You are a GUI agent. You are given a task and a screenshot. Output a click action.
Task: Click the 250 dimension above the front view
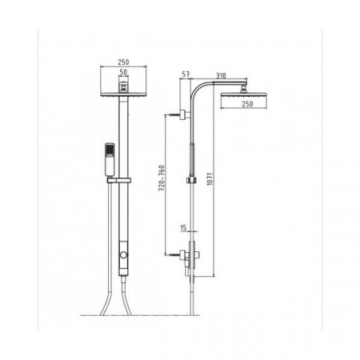pyautogui.click(x=123, y=62)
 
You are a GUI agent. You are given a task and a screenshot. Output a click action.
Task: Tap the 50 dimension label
pyautogui.click(x=123, y=72)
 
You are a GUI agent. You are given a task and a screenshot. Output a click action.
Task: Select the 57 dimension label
pyautogui.click(x=186, y=74)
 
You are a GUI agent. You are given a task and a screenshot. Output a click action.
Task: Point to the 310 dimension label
pyautogui.click(x=221, y=76)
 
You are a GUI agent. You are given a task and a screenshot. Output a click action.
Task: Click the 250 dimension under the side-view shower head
pyautogui.click(x=247, y=104)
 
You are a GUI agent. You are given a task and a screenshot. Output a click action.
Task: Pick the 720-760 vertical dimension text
pyautogui.click(x=162, y=178)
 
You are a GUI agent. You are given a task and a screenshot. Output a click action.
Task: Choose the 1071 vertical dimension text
pyautogui.click(x=210, y=179)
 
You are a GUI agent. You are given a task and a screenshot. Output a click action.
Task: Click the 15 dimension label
pyautogui.click(x=183, y=228)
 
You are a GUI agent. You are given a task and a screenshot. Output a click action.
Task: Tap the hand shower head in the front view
pyautogui.click(x=110, y=160)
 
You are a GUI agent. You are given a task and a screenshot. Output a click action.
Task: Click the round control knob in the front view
pyautogui.click(x=123, y=254)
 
